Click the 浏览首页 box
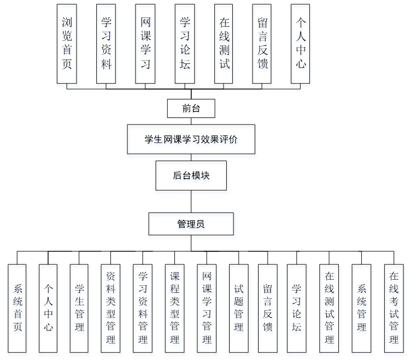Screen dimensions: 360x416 [67, 44]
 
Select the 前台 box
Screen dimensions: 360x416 [191, 108]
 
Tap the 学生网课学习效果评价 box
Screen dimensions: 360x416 [191, 139]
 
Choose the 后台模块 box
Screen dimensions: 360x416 [191, 175]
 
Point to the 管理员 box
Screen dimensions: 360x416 [191, 224]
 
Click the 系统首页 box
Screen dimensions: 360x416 [17, 308]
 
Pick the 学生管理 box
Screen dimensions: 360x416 [79, 308]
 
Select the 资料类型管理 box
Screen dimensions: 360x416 [111, 308]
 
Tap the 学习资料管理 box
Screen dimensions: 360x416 [143, 308]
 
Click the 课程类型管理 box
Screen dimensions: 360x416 [175, 308]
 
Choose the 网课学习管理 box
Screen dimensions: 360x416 [207, 308]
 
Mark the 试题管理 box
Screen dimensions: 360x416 [238, 308]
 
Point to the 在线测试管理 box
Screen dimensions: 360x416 [329, 308]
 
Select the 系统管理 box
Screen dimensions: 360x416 [361, 308]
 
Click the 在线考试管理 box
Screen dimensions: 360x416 [394, 308]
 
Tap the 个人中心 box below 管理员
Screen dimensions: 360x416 [48, 308]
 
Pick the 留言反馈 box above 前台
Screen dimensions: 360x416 [262, 44]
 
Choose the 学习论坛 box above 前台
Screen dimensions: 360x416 [185, 44]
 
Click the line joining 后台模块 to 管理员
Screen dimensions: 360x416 [191, 202]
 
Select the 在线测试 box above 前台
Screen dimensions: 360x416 [224, 44]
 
